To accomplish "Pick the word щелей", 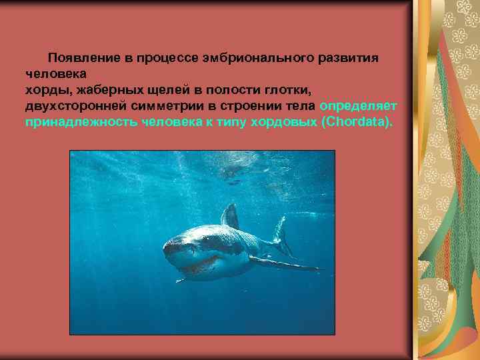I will point(157,90).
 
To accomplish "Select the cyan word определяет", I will point(359,107).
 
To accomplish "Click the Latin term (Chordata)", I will point(357,123).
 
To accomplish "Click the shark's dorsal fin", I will point(231,216).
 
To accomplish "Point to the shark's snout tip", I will point(168,249).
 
